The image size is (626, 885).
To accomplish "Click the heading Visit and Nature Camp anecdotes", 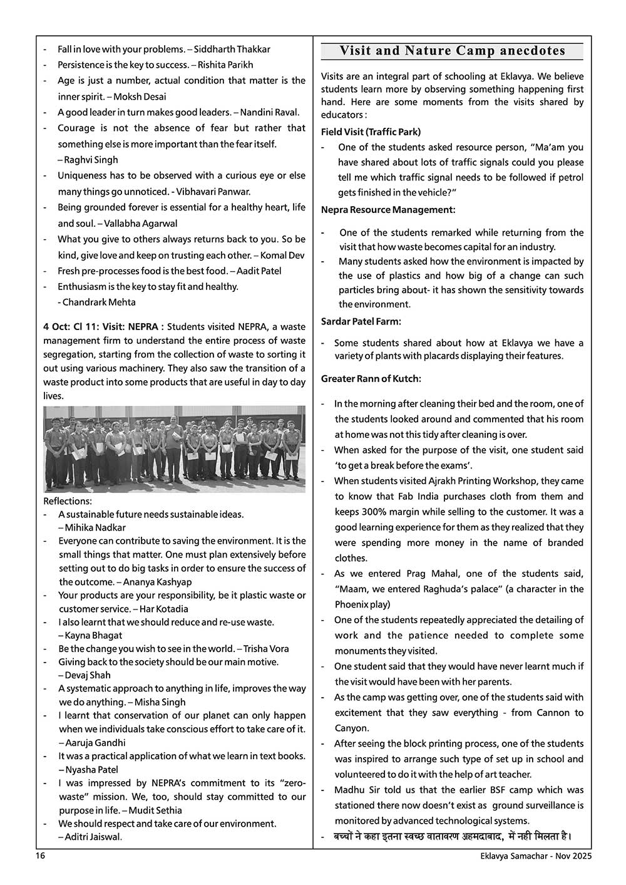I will point(452,51).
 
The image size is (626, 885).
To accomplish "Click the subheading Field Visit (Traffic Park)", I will point(371,132).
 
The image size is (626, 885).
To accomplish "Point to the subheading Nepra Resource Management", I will point(388,209).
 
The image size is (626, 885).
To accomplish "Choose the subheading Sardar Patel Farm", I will point(361,321).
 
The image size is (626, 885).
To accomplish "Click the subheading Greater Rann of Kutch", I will point(371,378).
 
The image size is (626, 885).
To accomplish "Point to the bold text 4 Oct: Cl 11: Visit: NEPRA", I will point(103,327).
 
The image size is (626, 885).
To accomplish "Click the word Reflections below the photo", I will point(68,501).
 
